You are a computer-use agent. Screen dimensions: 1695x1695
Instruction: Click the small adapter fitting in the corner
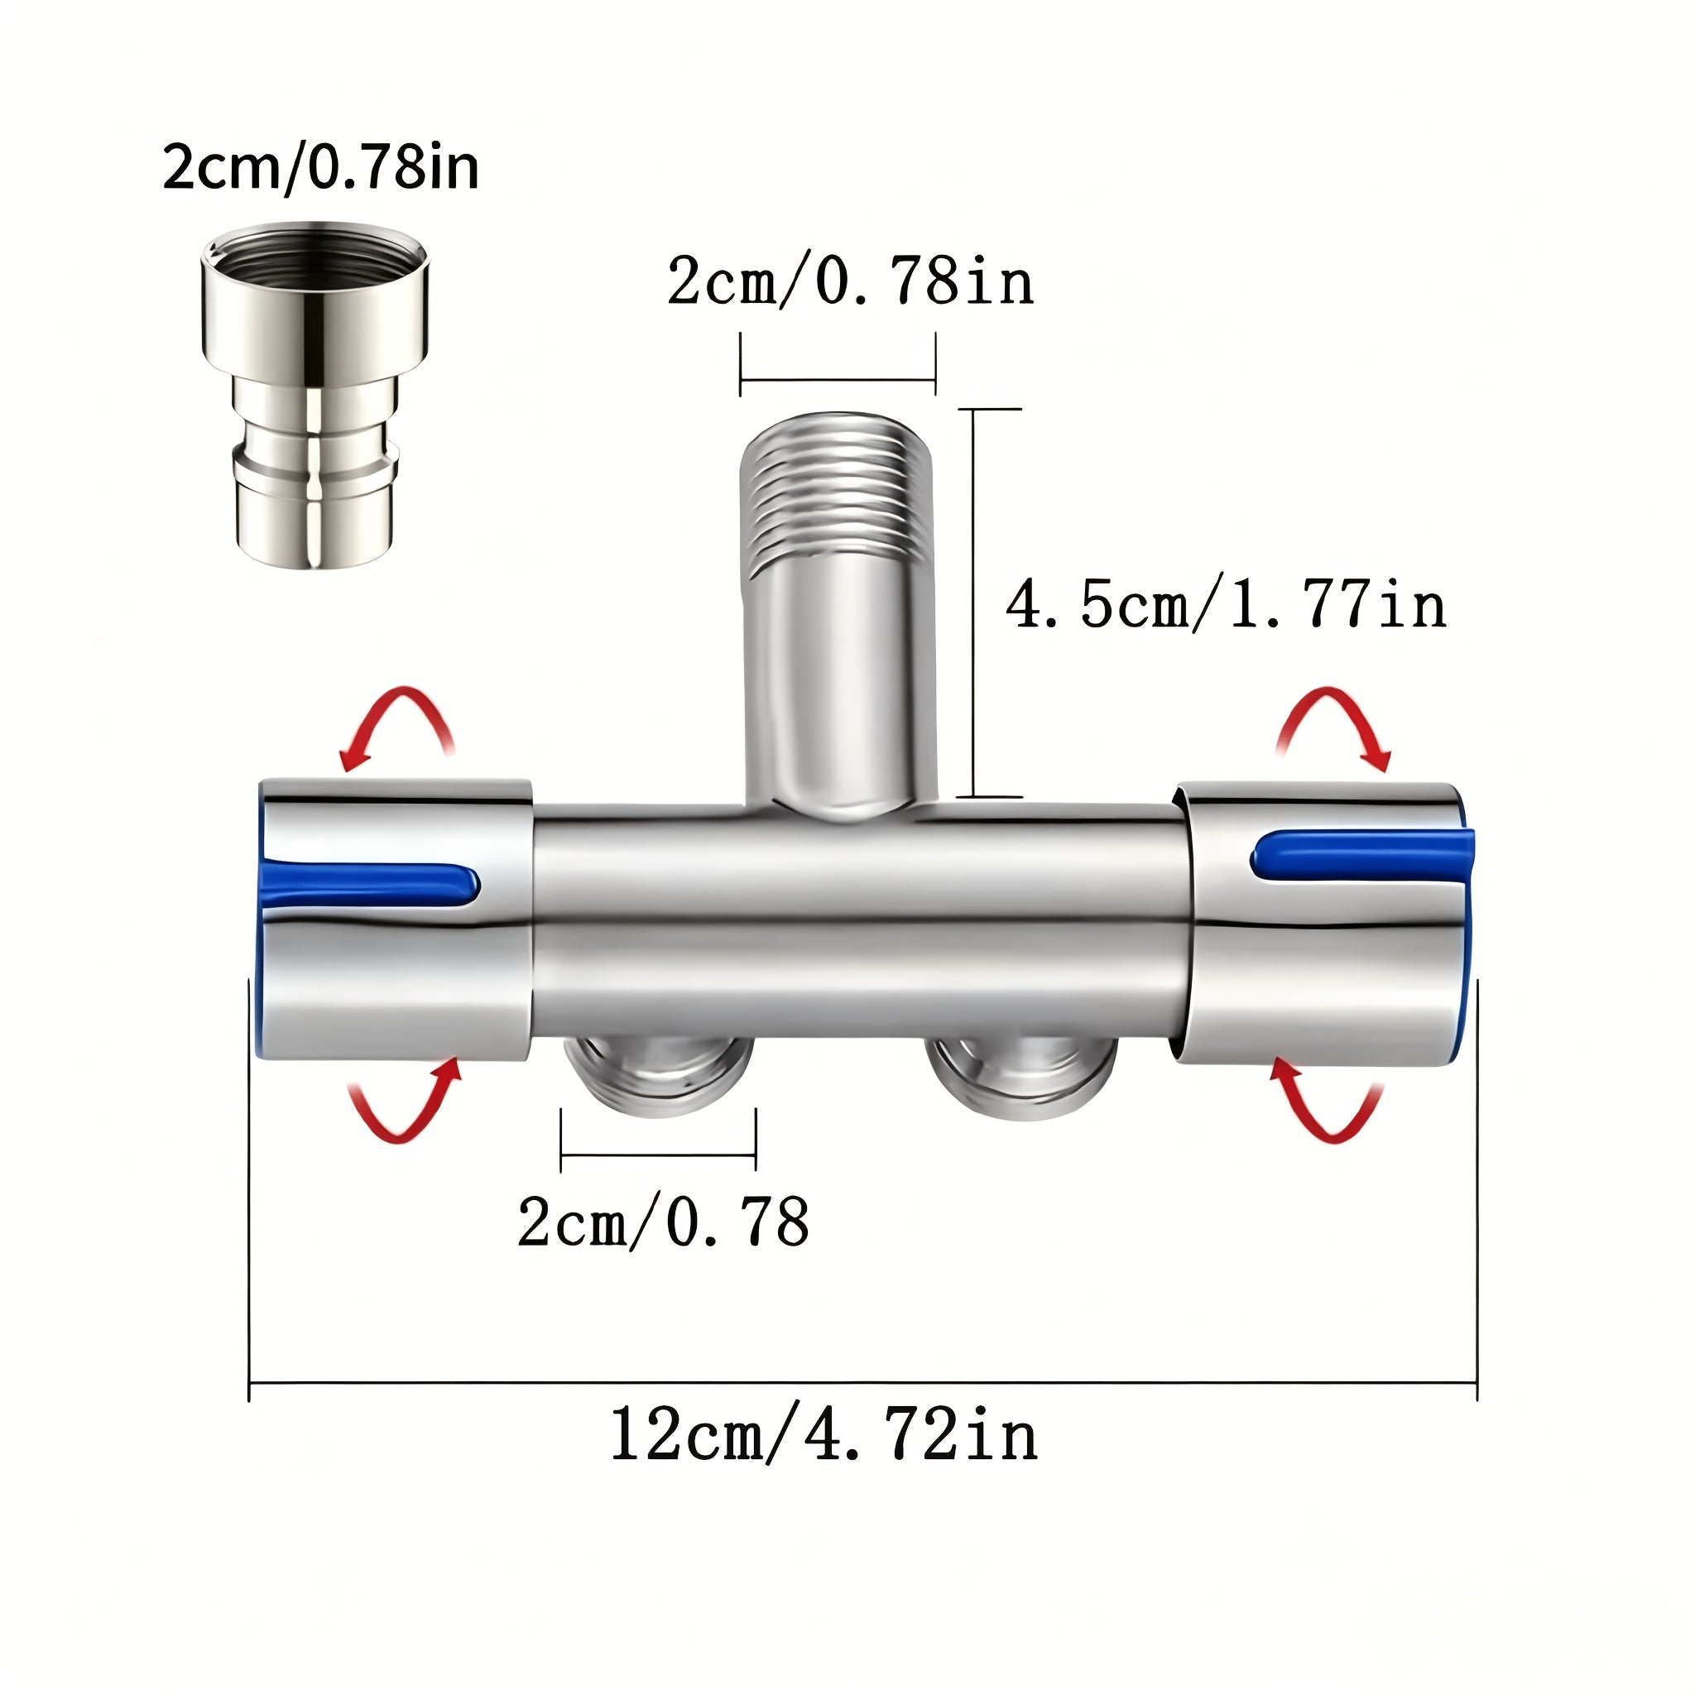(x=315, y=395)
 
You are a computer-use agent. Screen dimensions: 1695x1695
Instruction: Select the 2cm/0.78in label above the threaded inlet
(x=851, y=281)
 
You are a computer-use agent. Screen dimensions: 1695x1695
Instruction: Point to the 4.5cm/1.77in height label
(x=1227, y=604)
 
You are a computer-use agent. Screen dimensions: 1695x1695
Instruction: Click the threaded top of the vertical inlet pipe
(x=838, y=492)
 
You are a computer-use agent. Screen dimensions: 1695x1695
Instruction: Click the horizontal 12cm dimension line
(x=863, y=1383)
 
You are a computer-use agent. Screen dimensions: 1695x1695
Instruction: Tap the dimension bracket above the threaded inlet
(x=838, y=381)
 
